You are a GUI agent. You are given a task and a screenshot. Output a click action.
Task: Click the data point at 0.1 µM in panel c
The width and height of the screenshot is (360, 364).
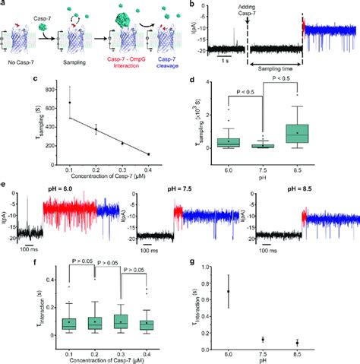[70, 102]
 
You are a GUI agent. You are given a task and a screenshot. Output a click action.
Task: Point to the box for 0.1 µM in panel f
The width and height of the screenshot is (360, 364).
[70, 324]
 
